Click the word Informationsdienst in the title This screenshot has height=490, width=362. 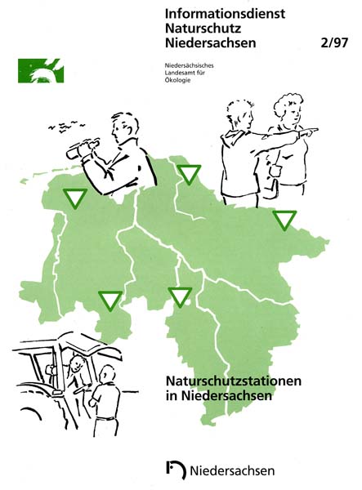click(x=225, y=14)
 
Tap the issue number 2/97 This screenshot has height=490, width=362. click(x=334, y=42)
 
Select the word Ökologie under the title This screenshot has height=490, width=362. click(x=177, y=80)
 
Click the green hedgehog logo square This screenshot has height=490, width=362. click(x=41, y=70)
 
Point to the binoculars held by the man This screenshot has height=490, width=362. click(x=83, y=149)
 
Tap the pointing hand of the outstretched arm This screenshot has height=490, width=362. click(x=308, y=132)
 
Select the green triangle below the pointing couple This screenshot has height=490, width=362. click(x=284, y=220)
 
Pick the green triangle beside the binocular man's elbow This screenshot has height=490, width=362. click(x=189, y=175)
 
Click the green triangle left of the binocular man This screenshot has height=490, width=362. click(x=75, y=198)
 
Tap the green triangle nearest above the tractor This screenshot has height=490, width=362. click(x=110, y=301)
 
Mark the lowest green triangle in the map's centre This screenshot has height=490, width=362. click(x=180, y=297)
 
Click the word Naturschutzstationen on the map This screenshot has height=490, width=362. click(x=234, y=381)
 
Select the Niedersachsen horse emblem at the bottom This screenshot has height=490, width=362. click(x=176, y=470)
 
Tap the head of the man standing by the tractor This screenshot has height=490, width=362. click(x=106, y=373)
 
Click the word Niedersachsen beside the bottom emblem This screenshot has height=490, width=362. click(x=232, y=470)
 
